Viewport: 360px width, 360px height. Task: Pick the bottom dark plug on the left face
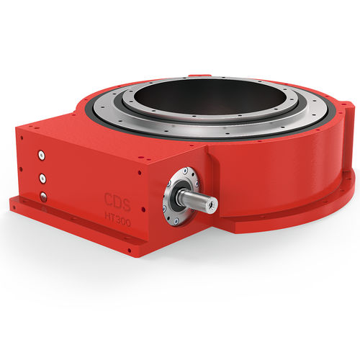point(42,197)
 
